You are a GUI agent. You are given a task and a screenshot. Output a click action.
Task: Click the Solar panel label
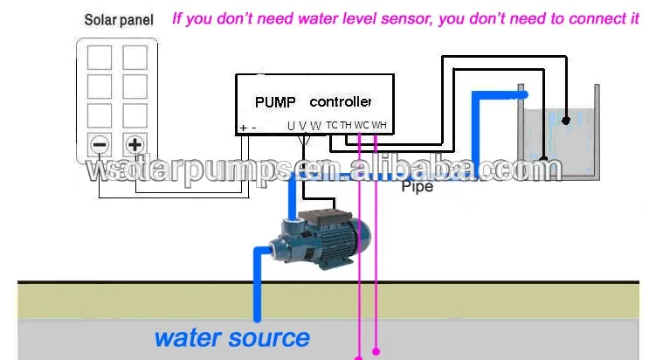point(118,19)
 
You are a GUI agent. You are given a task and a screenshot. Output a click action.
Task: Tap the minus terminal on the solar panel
point(100,144)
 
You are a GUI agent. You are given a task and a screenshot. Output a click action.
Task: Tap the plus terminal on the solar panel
point(135,144)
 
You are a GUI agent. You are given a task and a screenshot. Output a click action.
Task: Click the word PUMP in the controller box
point(275,101)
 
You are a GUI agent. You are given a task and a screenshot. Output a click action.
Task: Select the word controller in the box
point(341,101)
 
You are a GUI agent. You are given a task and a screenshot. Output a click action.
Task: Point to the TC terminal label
point(332,126)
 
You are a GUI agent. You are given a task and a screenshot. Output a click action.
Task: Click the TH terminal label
point(346,126)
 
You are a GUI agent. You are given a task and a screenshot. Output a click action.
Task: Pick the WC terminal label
point(362,126)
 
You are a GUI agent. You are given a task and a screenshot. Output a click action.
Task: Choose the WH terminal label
point(379,126)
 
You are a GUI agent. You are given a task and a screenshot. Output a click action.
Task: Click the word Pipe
point(417,187)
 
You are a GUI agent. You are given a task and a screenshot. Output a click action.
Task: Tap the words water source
point(231,336)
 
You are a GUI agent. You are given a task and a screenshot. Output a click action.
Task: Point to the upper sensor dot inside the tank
point(566,117)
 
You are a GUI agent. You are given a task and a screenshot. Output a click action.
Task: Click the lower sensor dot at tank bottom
point(543,161)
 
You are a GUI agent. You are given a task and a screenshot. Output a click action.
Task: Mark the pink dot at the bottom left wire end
point(358,357)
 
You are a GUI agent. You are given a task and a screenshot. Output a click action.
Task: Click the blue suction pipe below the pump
point(258,288)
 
